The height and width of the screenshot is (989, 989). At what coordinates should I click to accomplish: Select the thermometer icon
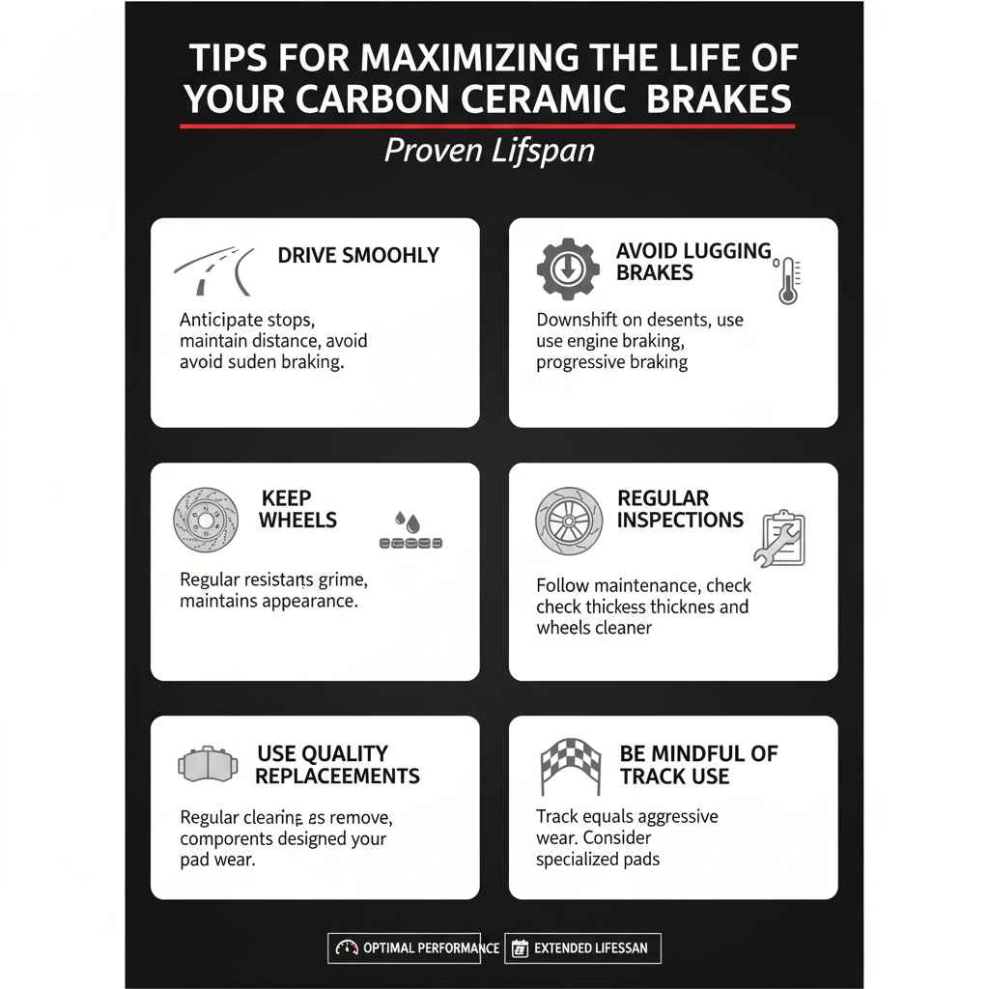[787, 281]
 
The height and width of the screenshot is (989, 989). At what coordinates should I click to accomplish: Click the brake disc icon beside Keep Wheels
[205, 520]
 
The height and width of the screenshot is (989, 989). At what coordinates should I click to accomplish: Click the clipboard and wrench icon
[779, 537]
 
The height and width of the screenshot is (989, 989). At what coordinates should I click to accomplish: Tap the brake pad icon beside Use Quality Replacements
[208, 765]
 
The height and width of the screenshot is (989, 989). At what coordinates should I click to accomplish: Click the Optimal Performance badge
[415, 947]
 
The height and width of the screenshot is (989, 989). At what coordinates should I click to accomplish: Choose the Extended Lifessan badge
[583, 947]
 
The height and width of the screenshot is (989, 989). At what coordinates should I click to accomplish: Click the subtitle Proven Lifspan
[489, 151]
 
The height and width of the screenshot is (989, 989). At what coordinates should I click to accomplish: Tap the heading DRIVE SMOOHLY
[358, 255]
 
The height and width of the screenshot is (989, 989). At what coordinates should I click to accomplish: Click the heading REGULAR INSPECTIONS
[680, 509]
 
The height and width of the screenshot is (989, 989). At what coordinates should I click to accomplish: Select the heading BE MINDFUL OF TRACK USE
[698, 764]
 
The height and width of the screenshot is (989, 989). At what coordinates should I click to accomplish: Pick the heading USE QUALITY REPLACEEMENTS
[337, 764]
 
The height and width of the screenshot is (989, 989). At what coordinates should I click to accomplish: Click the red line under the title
[487, 127]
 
